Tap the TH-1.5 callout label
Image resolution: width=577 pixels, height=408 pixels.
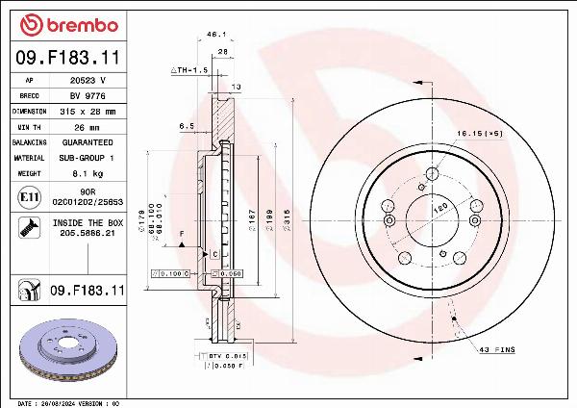[189, 70]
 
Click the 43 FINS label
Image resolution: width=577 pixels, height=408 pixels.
[497, 349]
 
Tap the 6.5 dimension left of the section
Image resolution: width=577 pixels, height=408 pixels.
[187, 125]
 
